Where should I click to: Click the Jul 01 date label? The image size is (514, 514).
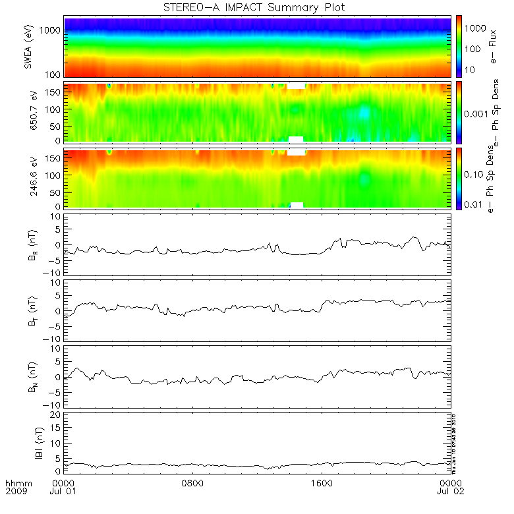point(63,492)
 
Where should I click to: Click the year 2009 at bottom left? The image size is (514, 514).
point(16,492)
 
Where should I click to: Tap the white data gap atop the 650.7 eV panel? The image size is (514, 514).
point(296,86)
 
